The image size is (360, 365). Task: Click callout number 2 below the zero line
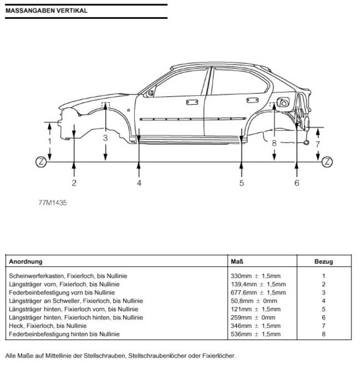coord(74,182)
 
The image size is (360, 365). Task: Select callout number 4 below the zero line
coord(139,182)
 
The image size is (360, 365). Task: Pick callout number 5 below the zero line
coord(242,182)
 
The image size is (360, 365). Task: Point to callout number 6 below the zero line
coord(297,182)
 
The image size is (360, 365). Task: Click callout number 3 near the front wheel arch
coord(106,138)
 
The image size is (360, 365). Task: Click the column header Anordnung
coord(26,262)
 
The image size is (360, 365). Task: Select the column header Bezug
coord(323,262)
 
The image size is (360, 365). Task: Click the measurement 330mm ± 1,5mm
coord(256,276)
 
